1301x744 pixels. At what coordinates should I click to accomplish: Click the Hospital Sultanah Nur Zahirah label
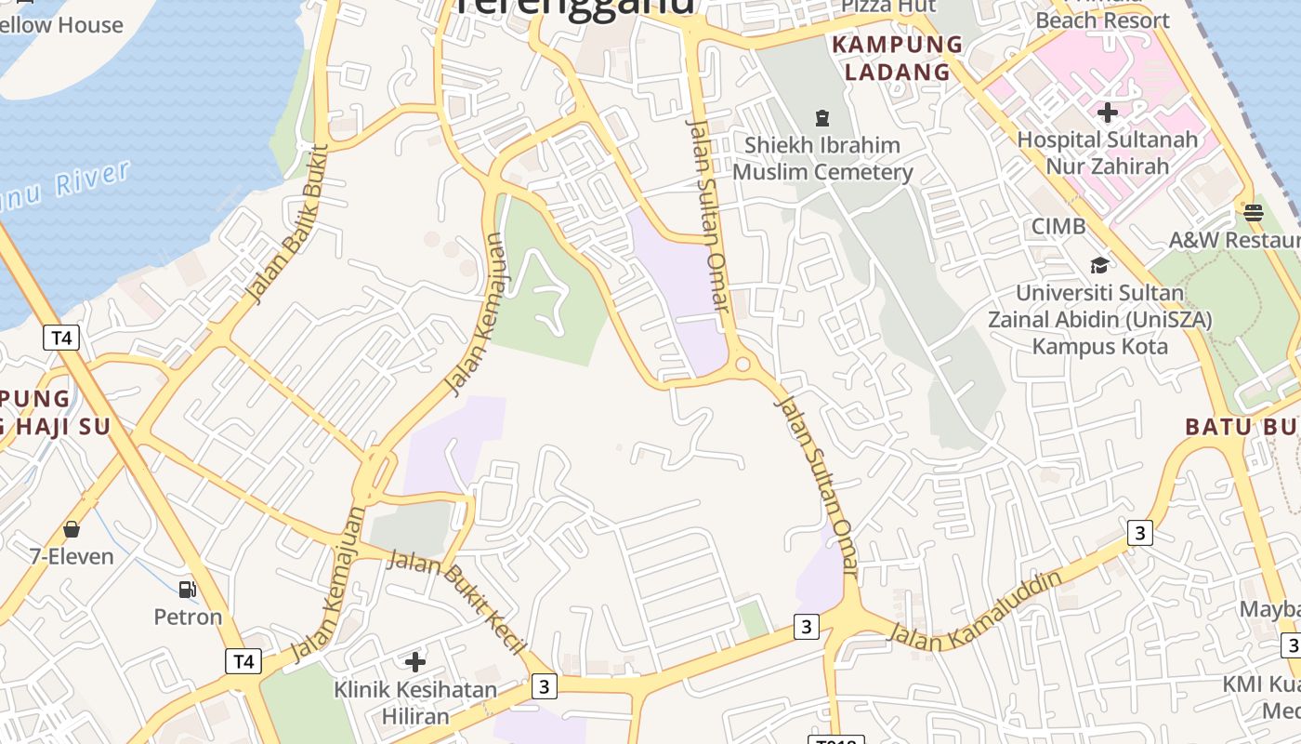1107,153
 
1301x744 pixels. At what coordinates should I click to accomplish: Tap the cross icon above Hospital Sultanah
1107,113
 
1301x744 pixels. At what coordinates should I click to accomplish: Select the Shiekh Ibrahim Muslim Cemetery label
822,158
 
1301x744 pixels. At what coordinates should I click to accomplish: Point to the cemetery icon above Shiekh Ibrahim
821,118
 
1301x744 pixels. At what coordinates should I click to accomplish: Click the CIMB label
1058,226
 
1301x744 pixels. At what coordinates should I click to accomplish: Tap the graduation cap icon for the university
1099,265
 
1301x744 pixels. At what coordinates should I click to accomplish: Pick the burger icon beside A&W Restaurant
1253,211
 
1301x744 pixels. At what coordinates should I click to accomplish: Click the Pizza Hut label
888,7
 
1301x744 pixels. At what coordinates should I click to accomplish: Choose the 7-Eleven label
72,556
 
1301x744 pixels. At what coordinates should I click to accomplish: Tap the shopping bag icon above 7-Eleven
72,529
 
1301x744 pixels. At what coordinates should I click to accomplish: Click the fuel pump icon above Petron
187,589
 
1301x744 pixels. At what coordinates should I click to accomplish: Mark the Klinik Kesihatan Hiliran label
415,703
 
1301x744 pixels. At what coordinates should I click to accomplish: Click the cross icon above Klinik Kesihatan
415,662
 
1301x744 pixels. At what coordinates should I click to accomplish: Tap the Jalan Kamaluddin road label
975,610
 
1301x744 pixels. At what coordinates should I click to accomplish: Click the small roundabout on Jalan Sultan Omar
742,365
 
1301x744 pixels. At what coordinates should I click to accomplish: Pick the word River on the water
91,180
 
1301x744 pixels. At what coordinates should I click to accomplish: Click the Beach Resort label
1102,20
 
